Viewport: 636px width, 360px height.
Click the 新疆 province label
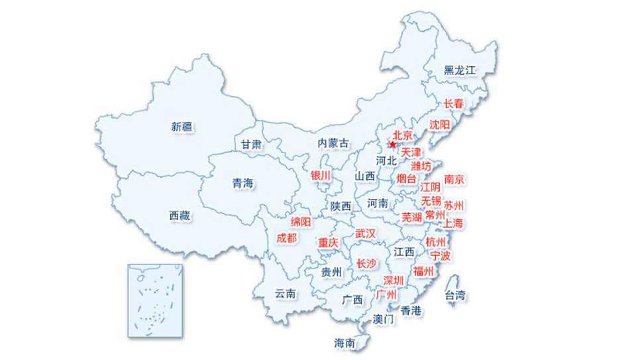click(x=182, y=127)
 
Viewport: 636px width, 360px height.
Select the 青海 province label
click(x=242, y=184)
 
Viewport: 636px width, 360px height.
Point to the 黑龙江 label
click(x=460, y=70)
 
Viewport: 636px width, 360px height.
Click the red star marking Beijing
click(x=392, y=145)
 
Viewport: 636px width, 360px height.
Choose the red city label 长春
click(x=454, y=103)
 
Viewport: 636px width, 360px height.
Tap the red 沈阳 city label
click(x=439, y=124)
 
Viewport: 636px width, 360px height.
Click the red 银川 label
click(x=320, y=176)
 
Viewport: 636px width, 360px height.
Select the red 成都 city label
click(x=287, y=238)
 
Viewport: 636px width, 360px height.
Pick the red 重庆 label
click(x=328, y=243)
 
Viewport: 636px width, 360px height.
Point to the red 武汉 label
click(x=365, y=233)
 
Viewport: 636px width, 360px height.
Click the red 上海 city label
click(x=454, y=223)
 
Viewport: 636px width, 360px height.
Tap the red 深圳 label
click(x=394, y=280)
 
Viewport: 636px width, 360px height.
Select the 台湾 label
click(x=454, y=295)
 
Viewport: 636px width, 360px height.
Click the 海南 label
click(x=344, y=343)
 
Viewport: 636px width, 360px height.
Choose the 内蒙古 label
click(x=333, y=143)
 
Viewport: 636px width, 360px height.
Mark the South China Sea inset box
click(x=155, y=300)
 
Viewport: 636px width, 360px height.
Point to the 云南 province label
click(x=285, y=294)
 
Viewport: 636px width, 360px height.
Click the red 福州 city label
click(x=423, y=271)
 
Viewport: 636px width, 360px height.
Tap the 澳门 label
click(x=383, y=319)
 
